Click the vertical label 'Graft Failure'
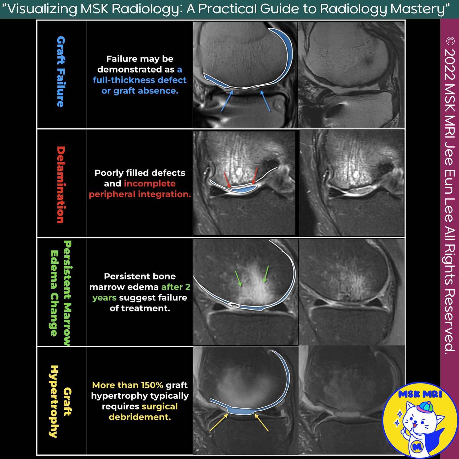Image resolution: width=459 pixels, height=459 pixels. coord(61,72)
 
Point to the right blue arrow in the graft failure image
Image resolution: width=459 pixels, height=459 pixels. coord(265,100)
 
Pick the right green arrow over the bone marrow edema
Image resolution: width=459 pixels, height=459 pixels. coord(266,274)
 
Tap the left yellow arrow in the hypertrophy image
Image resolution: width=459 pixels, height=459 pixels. coord(218,423)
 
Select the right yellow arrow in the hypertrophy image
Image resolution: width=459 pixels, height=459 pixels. coord(262,423)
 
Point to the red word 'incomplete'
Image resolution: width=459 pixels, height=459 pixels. coord(150,184)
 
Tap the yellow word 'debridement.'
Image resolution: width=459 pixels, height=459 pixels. coord(140,417)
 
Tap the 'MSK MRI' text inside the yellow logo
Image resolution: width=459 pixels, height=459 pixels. coord(420,394)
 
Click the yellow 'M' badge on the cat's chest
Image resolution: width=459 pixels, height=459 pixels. coord(417,446)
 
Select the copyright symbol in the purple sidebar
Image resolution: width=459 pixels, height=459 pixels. coord(450,41)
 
